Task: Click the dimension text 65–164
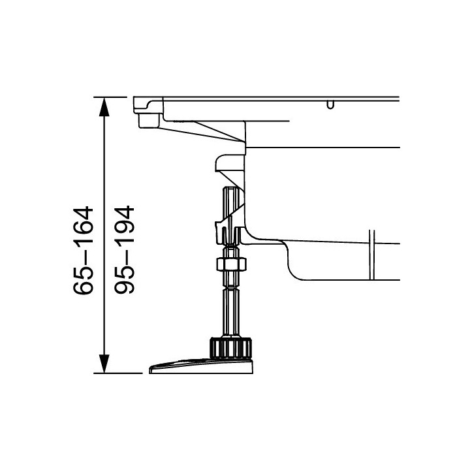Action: click(x=84, y=250)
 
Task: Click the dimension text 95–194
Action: click(x=125, y=249)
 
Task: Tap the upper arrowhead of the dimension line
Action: click(x=104, y=106)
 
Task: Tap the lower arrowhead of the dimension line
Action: click(x=104, y=364)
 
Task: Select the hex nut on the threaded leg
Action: click(x=231, y=264)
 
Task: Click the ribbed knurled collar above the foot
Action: click(x=230, y=348)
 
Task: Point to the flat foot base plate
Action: click(x=202, y=366)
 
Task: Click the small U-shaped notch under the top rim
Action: click(x=330, y=105)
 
